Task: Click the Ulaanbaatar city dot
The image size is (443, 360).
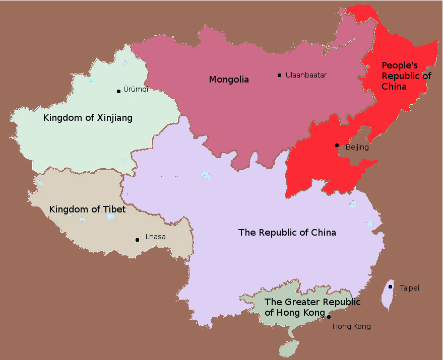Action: click(x=279, y=76)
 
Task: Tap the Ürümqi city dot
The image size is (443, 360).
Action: click(x=118, y=91)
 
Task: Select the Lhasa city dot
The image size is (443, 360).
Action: click(x=137, y=240)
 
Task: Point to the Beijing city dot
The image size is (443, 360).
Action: click(x=337, y=145)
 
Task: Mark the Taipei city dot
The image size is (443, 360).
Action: click(x=391, y=287)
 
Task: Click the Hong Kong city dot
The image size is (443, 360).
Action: click(x=329, y=317)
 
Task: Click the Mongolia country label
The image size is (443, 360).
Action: click(x=229, y=80)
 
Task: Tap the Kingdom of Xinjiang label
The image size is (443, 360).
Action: click(x=88, y=118)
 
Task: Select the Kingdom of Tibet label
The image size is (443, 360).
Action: click(x=87, y=209)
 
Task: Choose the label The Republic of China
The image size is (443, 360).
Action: click(x=287, y=233)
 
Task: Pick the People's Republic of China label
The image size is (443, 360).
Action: click(x=406, y=76)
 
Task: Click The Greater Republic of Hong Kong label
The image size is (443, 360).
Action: click(x=312, y=307)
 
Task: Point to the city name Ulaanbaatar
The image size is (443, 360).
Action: click(x=306, y=76)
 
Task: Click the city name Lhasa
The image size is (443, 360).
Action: click(x=155, y=237)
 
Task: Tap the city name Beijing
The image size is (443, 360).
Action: click(x=357, y=148)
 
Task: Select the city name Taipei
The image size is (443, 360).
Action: click(x=409, y=289)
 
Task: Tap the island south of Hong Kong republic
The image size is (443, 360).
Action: click(x=289, y=347)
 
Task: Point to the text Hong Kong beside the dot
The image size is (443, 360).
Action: click(x=351, y=327)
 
